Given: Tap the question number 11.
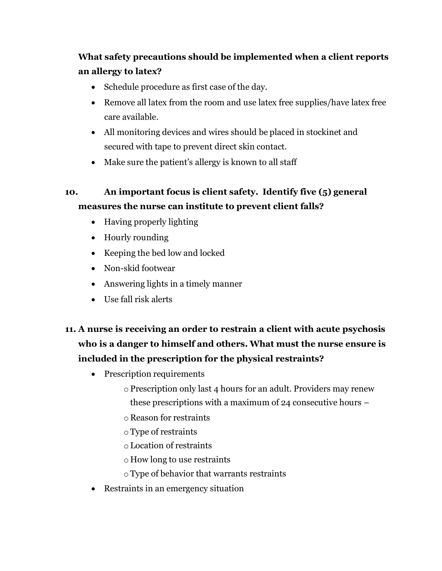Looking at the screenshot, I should point(70,329).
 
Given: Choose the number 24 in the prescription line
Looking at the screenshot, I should point(286,403).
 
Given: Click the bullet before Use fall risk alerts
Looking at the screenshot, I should point(94,300).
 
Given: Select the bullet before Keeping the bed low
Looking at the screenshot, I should point(94,253).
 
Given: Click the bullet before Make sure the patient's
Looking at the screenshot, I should point(94,162).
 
